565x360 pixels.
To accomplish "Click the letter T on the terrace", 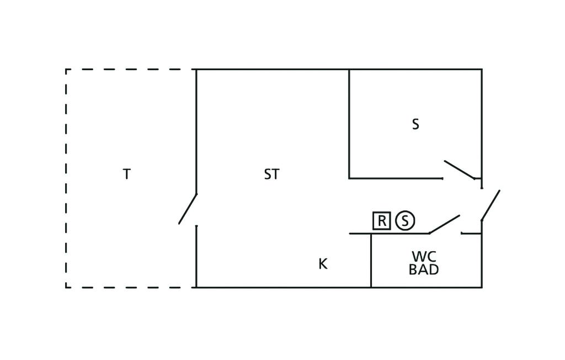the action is point(126,174).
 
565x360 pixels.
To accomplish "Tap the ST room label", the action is point(271,174).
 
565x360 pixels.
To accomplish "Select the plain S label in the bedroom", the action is point(415,124).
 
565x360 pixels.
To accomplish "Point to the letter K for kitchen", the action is point(323,264).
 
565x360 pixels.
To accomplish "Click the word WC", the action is point(424,257).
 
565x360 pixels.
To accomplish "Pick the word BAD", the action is point(424,269).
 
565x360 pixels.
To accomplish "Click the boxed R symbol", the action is point(382,220).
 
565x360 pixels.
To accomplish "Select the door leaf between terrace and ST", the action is point(188,209).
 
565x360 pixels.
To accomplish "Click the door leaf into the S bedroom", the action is point(460,170).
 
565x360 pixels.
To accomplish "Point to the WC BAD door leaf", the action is point(444,224).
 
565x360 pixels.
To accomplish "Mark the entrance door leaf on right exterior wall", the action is point(491,205).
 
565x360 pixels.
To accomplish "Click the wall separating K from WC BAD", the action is point(371,261).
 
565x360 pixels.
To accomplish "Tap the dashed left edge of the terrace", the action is point(66,178).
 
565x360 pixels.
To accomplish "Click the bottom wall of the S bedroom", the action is point(396,178).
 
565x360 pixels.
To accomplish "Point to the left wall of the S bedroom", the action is point(349,123).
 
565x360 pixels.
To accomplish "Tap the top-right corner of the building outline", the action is point(482,69).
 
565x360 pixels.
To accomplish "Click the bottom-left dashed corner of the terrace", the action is point(66,288).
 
